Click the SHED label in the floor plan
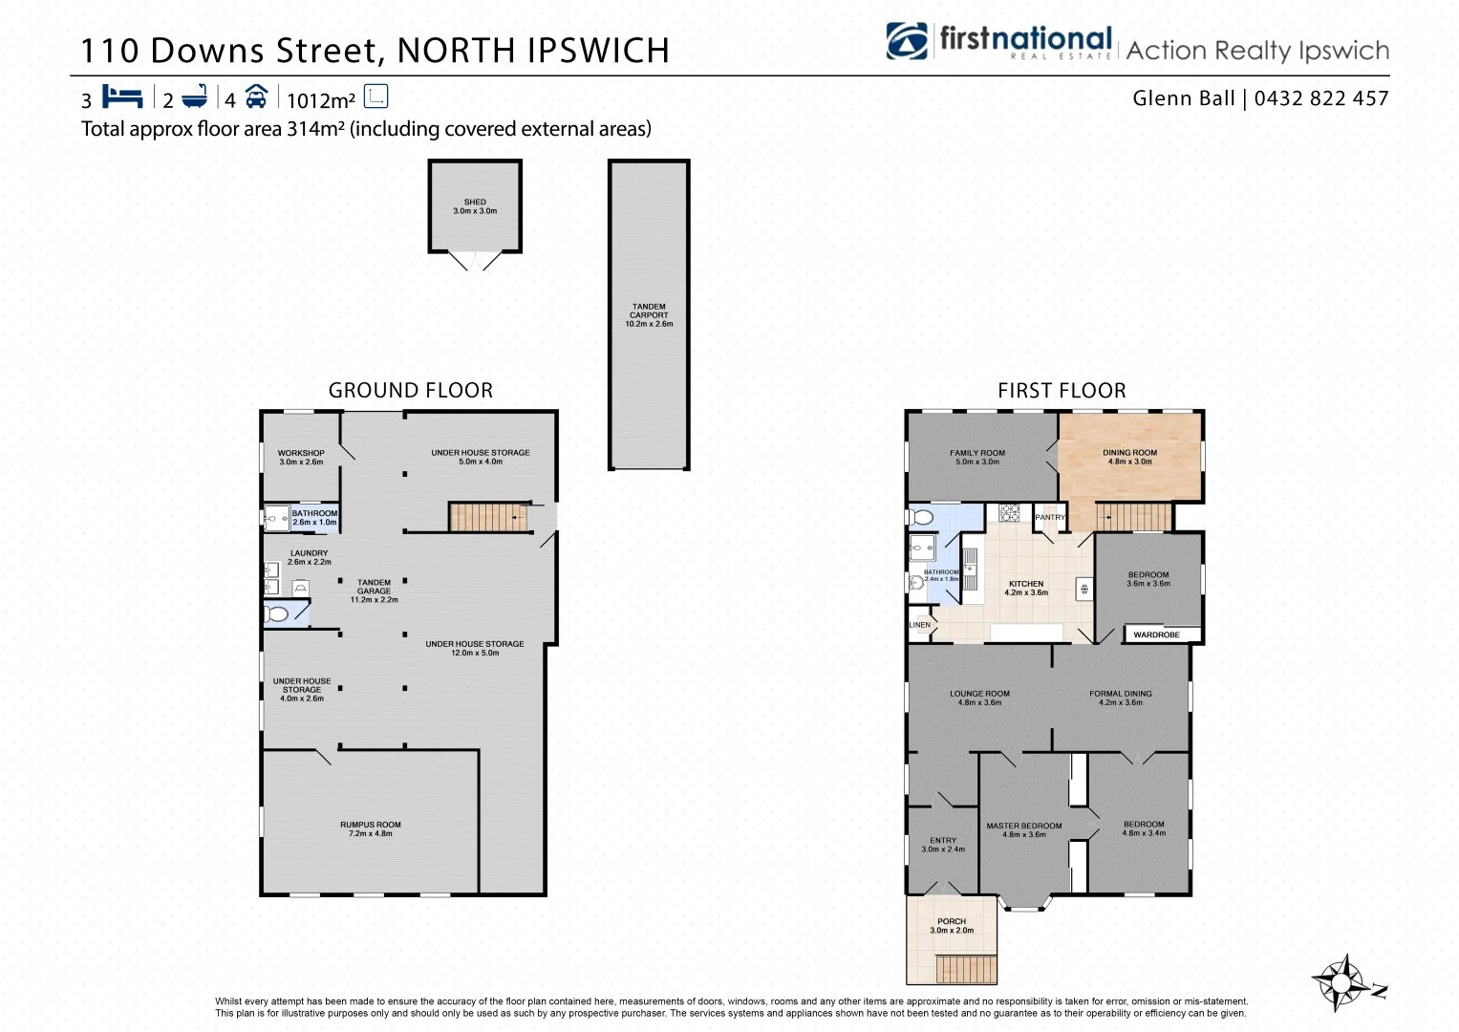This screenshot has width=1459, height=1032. pos(475,206)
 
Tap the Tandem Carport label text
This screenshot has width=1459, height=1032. pos(649,315)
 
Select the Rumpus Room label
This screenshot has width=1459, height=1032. pos(371,828)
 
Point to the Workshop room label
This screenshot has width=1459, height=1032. pos(301,457)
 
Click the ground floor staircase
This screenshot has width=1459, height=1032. pos(488,517)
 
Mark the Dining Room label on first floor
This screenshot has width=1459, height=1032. pos(1129,457)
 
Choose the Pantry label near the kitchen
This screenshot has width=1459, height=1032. pos(1049,517)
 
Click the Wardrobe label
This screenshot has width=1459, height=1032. pos(1156,634)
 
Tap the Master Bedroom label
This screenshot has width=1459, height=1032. pos(1024,829)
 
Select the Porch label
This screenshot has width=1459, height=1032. pos(952,925)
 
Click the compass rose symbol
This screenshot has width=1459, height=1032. pos(1343,981)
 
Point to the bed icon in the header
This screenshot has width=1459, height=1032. pos(122,97)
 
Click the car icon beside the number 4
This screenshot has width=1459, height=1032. pos(256,97)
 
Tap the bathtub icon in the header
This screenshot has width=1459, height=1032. pos(195,97)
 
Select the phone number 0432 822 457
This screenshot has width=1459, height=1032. pos(1320,98)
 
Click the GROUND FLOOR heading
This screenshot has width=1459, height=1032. pos(411,390)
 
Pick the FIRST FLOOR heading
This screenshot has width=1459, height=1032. pos(1062,390)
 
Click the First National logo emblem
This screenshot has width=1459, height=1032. pos(907,41)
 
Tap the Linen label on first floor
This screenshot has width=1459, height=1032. pos(919,625)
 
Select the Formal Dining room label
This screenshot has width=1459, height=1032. pos(1121,698)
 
